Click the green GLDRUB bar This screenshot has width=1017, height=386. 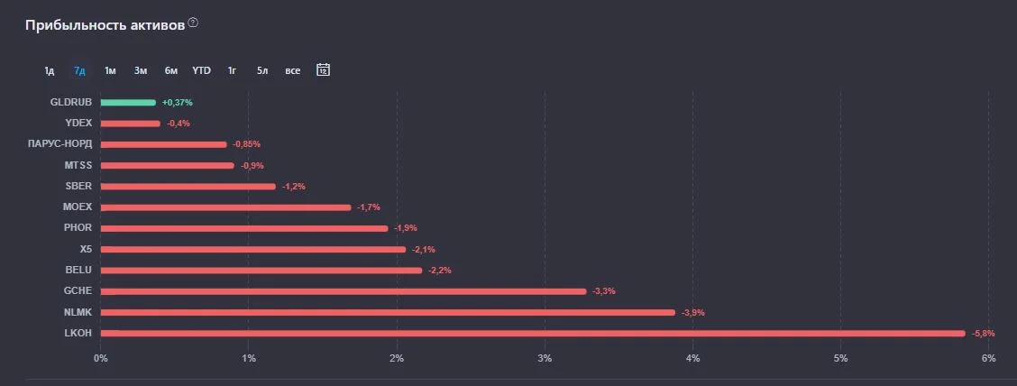[128, 103]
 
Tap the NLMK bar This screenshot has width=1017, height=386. [388, 313]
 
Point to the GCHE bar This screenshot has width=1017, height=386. [344, 291]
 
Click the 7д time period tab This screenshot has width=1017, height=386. [79, 70]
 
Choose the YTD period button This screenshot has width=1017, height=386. [201, 70]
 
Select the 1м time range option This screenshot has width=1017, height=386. [110, 70]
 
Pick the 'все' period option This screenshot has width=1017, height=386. [292, 70]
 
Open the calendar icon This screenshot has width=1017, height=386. [323, 69]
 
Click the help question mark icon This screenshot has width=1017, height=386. [193, 23]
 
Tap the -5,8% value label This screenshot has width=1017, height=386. [984, 334]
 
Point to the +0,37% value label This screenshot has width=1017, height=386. [177, 103]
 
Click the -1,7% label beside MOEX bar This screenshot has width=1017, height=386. [369, 207]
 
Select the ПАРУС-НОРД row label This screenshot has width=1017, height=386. [60, 144]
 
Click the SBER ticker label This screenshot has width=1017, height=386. [78, 186]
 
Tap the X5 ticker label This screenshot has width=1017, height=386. [85, 249]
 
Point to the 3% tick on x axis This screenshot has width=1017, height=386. [545, 358]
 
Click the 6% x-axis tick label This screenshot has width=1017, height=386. [988, 358]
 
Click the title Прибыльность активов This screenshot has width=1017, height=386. [105, 25]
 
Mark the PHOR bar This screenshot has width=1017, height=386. [244, 228]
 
